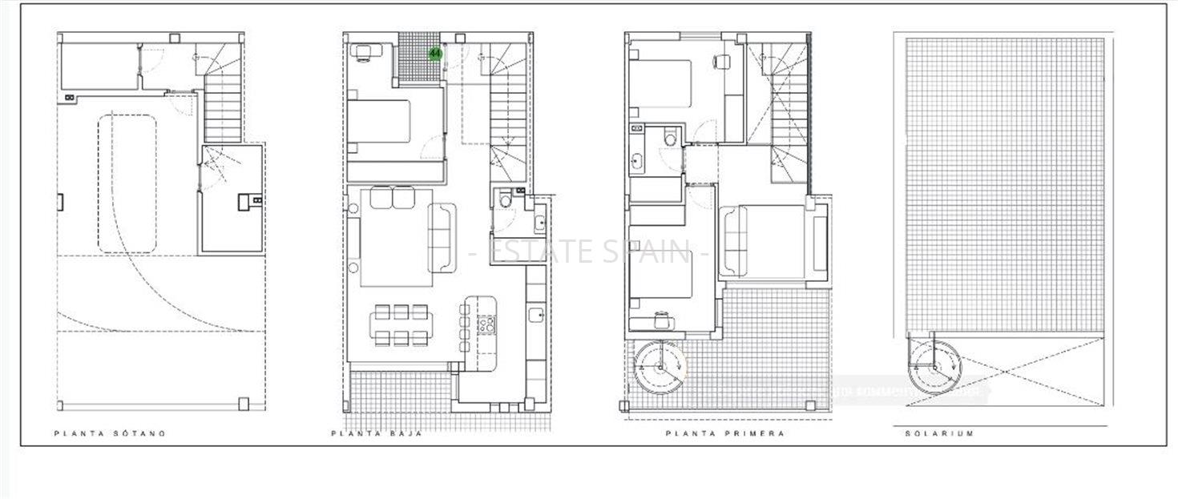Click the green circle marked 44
point(435,54)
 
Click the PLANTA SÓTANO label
point(110,433)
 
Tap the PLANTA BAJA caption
point(377,433)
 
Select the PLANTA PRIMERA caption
point(725,433)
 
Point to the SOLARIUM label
point(940,433)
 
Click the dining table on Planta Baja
point(401,324)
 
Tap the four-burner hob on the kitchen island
point(486,324)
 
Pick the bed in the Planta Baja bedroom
point(381,122)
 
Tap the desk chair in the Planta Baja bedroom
point(363,52)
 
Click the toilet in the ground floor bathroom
point(504,199)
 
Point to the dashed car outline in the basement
point(127,183)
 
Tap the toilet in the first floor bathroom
point(670,139)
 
